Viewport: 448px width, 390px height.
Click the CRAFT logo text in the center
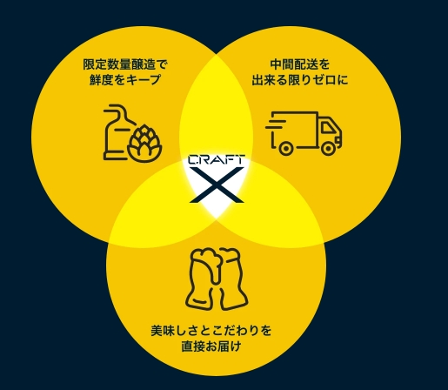click(x=217, y=160)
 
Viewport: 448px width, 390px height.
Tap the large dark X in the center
click(x=217, y=185)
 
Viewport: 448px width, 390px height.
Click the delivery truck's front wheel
click(x=328, y=148)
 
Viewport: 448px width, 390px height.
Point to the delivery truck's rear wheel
click(x=285, y=148)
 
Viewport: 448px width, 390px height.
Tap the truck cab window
click(x=328, y=127)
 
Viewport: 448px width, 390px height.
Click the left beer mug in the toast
click(x=202, y=278)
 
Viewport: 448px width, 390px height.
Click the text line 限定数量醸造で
click(x=125, y=64)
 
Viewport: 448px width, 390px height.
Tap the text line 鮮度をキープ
click(x=125, y=79)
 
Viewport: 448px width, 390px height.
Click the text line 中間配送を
click(x=300, y=64)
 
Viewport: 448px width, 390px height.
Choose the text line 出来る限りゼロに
click(x=300, y=79)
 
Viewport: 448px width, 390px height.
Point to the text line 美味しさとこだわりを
click(x=211, y=331)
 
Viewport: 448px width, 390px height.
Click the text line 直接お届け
click(x=211, y=346)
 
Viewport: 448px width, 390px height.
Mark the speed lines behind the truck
click(x=276, y=127)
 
